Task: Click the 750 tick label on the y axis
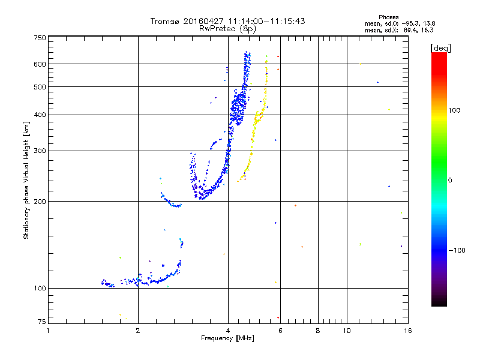[40, 37]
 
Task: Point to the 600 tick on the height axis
[40, 64]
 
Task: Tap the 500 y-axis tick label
[40, 86]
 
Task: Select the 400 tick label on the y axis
[40, 115]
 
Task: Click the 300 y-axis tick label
[40, 151]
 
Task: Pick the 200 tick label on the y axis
[40, 201]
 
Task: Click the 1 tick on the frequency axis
[48, 331]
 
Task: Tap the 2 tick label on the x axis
[138, 331]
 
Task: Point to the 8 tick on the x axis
[317, 331]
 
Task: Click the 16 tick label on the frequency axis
[407, 331]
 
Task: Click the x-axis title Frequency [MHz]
[228, 339]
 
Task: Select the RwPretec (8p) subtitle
[228, 28]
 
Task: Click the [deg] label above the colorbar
[441, 47]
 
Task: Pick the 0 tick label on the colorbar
[450, 180]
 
